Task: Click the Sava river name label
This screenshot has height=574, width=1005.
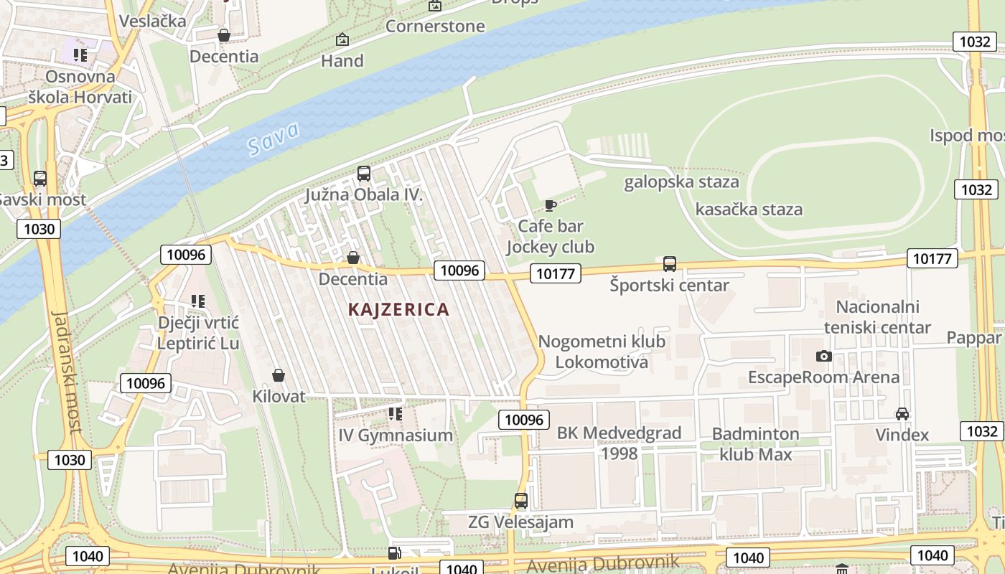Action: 273,139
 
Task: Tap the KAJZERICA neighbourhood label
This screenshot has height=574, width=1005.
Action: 398,309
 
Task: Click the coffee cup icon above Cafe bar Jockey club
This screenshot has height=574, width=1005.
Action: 551,206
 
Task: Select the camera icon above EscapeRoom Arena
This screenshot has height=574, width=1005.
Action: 824,356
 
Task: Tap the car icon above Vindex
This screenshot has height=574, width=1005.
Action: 902,414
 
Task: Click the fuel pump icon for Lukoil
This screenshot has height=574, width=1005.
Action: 394,552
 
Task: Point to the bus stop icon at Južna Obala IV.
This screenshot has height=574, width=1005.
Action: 364,174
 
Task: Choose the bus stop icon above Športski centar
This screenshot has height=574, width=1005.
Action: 670,264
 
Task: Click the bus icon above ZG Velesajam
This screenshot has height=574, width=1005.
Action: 521,501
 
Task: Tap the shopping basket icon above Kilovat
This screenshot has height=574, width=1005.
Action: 279,375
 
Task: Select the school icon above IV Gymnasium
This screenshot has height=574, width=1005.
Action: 395,414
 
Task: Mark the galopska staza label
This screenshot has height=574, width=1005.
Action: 681,182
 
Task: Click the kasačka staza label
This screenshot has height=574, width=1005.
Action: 749,210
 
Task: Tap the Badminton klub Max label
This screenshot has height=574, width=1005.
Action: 755,443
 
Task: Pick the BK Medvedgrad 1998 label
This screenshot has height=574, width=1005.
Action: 619,443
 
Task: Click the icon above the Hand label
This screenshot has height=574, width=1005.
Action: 342,39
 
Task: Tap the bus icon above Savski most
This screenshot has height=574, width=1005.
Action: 40,179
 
